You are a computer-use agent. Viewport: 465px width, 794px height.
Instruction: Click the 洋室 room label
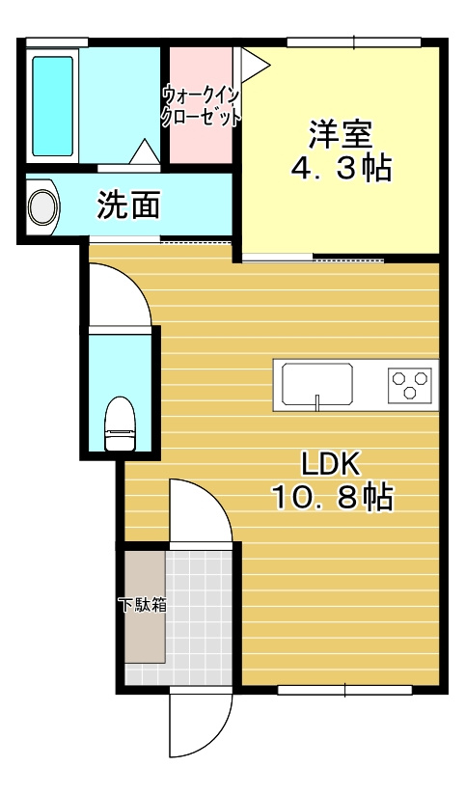tap(341, 133)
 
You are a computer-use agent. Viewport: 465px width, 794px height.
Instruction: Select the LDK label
tap(331, 464)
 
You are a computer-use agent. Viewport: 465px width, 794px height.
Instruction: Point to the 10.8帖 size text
tap(331, 498)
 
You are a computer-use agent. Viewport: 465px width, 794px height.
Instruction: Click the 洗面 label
tap(128, 205)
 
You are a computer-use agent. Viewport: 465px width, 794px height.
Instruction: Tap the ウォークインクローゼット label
tap(201, 104)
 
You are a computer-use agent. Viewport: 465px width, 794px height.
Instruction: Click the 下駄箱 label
tap(142, 606)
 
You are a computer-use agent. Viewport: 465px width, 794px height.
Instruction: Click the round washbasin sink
tap(41, 206)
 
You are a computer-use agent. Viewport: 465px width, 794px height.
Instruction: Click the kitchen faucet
tap(316, 399)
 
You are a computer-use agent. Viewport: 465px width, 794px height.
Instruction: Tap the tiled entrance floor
tap(201, 617)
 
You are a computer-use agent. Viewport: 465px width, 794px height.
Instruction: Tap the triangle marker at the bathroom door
tap(143, 151)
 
